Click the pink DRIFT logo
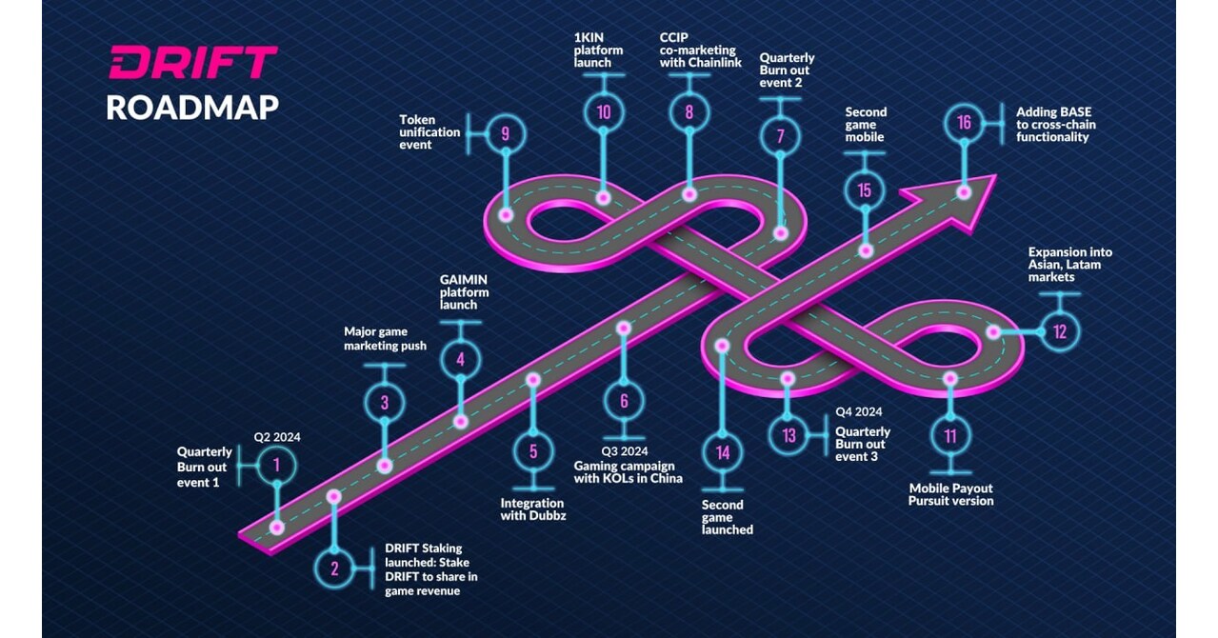coord(192,63)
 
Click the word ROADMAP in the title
coord(192,107)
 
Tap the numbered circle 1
coord(276,466)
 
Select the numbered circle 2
coord(334,569)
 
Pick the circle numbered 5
coord(533,451)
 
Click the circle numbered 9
coord(505,134)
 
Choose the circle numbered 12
coord(1060,332)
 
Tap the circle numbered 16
coord(965,123)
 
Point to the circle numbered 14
coord(723,452)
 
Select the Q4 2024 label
coord(858,412)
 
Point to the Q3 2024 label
coord(624,450)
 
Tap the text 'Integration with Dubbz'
coord(533,509)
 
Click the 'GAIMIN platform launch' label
coord(464,292)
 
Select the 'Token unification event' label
coord(429,132)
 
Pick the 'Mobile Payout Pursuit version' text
coord(950,494)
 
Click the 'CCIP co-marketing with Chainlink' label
coord(700,50)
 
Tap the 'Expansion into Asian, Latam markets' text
coord(1069,264)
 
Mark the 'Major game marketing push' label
coord(385,339)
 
